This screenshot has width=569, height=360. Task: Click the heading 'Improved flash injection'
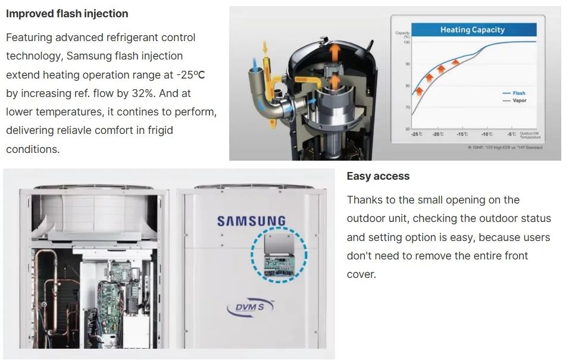(67, 13)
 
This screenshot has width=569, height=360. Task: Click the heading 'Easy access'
(378, 176)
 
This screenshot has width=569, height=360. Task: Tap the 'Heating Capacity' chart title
(472, 30)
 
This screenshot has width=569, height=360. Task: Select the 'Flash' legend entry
(518, 93)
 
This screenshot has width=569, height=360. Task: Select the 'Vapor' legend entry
(519, 101)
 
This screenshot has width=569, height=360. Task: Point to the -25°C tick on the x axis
(417, 134)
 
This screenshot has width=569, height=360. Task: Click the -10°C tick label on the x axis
(487, 134)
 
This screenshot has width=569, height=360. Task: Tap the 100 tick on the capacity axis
(407, 42)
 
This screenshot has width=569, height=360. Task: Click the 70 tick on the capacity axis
(407, 107)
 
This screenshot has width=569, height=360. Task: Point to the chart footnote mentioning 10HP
(505, 147)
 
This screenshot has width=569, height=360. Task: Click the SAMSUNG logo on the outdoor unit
(251, 221)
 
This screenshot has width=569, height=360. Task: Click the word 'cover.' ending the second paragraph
(361, 274)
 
